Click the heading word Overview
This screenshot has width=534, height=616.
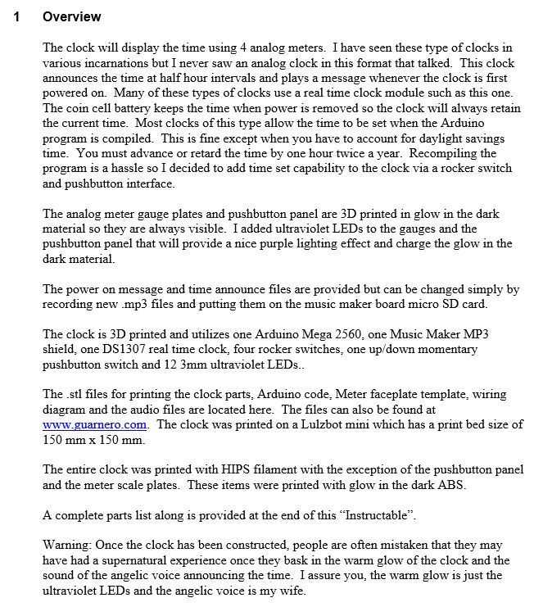72,16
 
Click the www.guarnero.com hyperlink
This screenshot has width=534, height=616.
94,424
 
